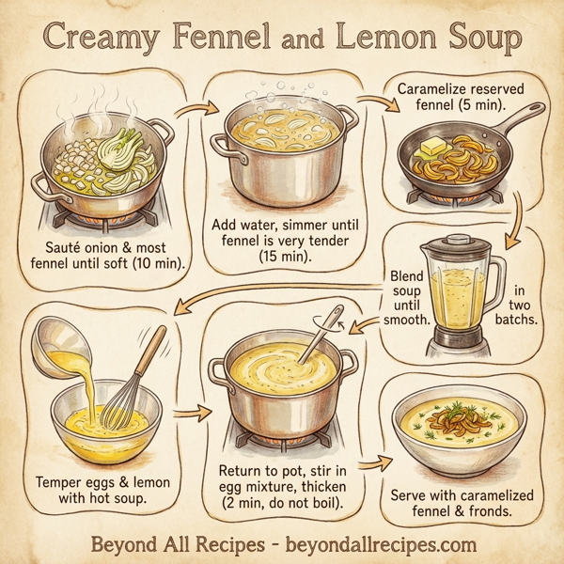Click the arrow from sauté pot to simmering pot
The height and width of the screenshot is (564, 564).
tap(193, 113)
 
